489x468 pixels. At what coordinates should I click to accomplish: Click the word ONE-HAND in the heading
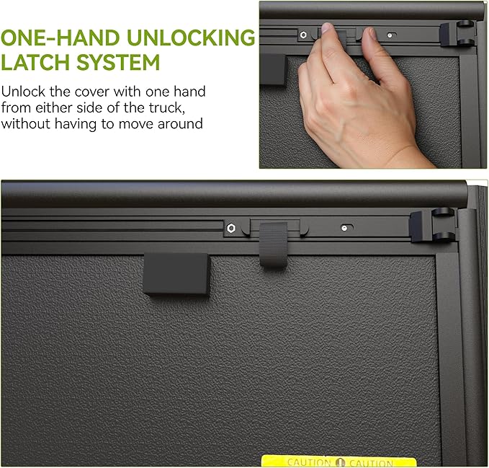click(60, 38)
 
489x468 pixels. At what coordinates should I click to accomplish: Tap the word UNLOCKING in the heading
click(191, 38)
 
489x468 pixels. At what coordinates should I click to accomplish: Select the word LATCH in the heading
click(37, 63)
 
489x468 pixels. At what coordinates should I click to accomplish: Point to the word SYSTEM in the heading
click(118, 63)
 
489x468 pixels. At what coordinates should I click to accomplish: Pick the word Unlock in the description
click(23, 92)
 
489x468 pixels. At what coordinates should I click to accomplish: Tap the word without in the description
click(26, 124)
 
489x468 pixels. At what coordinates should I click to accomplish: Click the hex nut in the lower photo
click(230, 228)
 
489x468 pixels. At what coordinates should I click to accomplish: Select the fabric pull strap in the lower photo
click(273, 244)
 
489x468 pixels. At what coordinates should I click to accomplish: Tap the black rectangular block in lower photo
click(176, 274)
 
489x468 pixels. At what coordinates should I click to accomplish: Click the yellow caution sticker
click(339, 461)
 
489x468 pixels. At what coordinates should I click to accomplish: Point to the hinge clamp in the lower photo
click(433, 224)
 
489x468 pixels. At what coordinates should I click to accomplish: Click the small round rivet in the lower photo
click(344, 228)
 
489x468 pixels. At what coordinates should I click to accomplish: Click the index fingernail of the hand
click(327, 28)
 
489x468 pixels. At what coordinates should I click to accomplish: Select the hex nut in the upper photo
click(303, 35)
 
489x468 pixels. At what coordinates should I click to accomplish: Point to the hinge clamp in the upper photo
click(458, 33)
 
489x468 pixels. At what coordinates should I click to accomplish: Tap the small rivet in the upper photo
click(390, 35)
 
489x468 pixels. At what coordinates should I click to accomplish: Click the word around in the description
click(180, 124)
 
